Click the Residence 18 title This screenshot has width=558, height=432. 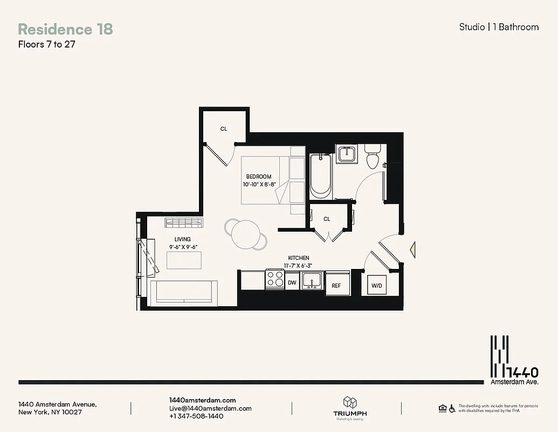pos(65,29)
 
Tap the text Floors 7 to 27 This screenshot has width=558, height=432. pos(46,45)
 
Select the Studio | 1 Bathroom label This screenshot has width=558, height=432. pos(499,27)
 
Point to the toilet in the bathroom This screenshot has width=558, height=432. pos(373,156)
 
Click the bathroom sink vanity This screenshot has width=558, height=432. pos(346,154)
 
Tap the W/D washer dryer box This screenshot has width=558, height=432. pos(376,285)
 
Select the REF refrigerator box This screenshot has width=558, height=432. pos(336,285)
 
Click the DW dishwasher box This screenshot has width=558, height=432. pos(292,282)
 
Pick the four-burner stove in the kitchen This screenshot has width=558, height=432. pos(275,279)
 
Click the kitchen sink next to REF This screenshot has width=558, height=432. pos(312,281)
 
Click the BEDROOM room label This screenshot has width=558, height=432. pos(259,177)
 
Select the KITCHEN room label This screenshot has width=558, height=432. pos(298,258)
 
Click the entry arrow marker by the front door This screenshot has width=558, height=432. pos(413,249)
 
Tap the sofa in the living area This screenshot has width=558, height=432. pos(184,294)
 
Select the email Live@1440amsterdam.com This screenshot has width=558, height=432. pos(210,408)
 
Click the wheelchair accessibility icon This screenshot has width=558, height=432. pos(451,408)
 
